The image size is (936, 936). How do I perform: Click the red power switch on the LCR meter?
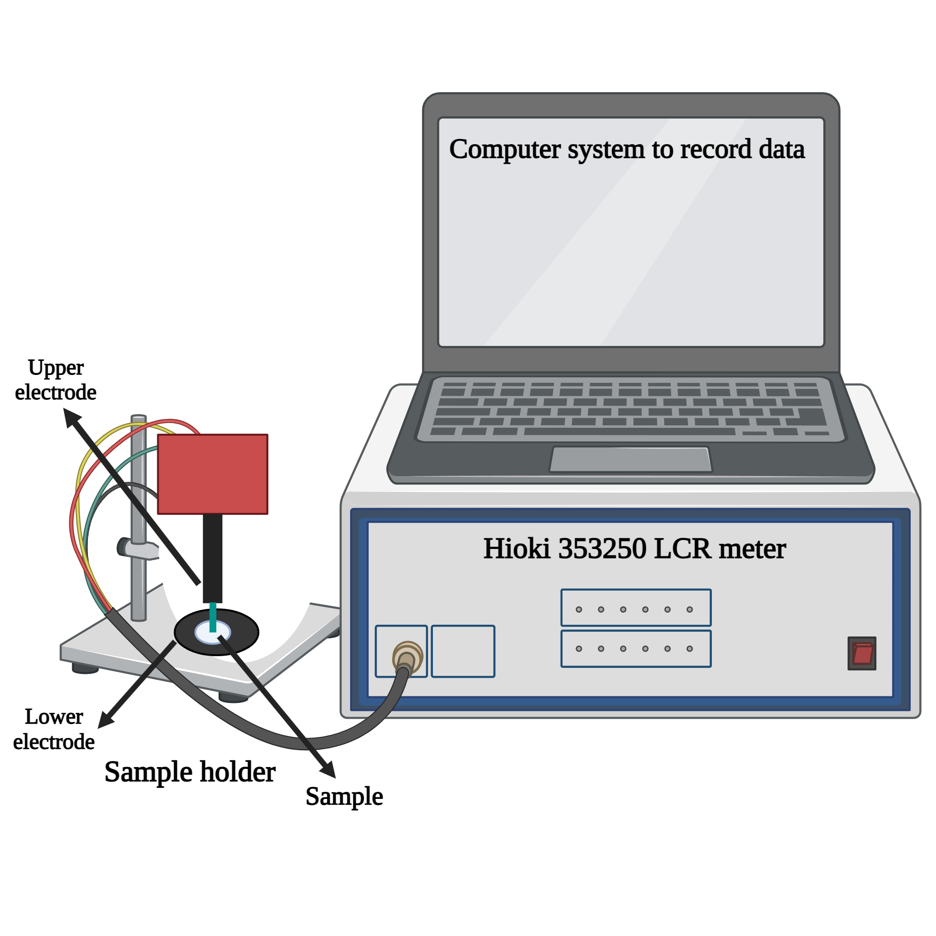pos(862,653)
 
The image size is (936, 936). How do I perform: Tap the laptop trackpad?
pos(630,459)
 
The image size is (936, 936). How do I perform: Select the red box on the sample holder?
pos(212,474)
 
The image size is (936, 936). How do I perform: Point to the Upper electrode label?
pos(56,380)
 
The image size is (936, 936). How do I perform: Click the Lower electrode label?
pos(54,730)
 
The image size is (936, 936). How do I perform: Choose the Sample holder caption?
pos(190,772)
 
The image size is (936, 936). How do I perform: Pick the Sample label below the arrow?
pos(344,797)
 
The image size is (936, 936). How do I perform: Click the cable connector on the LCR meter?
pos(407,658)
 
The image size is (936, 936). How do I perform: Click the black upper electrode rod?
pos(212,557)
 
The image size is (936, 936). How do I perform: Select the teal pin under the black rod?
pos(212,617)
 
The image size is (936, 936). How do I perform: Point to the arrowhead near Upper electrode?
pos(72,417)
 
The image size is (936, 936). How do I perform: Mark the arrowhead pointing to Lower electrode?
pos(106,719)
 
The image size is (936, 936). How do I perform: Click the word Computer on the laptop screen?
pos(505,149)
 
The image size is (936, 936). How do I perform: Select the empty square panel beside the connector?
pos(463,651)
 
